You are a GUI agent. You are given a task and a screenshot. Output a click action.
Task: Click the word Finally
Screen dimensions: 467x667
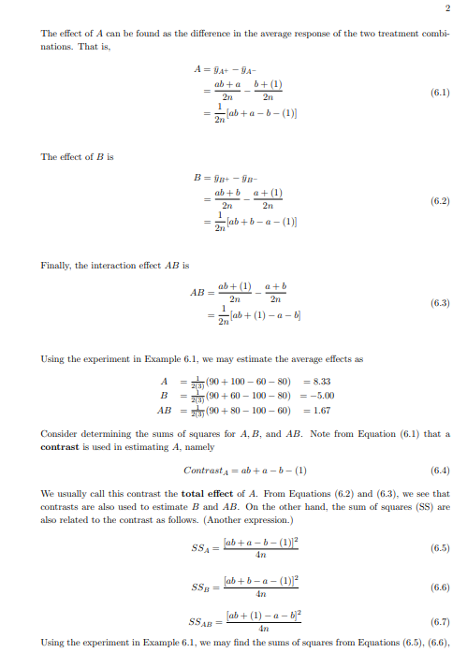[56, 266]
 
